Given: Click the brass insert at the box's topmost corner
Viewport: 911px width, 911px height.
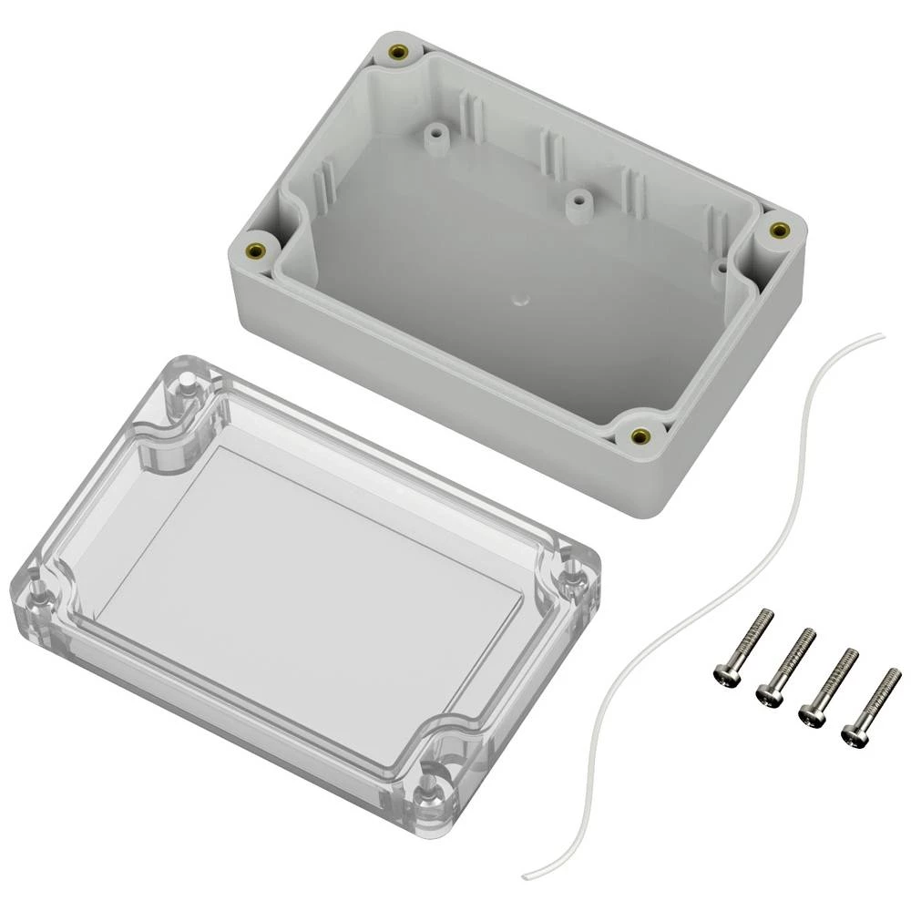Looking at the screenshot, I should [x=397, y=53].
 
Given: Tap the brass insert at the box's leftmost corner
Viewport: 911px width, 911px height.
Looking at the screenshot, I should [x=257, y=250].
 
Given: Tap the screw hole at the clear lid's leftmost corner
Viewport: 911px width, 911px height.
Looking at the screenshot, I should [x=36, y=585].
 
